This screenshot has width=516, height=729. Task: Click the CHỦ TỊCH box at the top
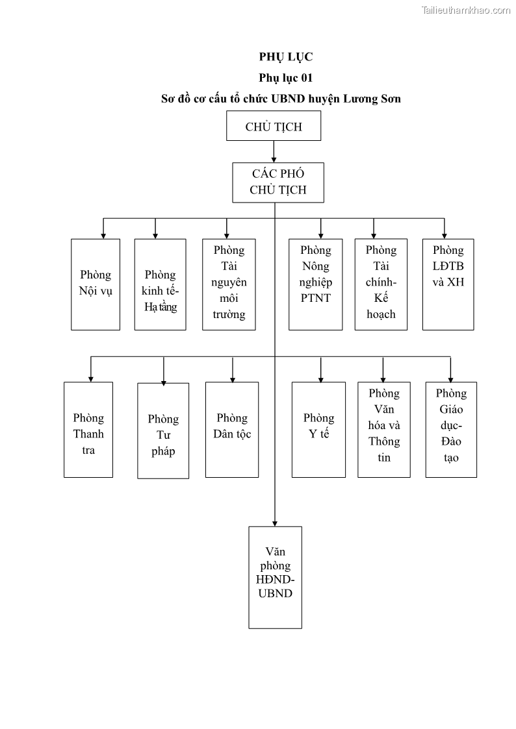(274, 126)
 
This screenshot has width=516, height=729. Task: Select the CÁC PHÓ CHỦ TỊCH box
(277, 182)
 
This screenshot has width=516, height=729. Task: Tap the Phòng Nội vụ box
(96, 284)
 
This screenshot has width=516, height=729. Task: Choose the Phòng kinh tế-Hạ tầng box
(161, 284)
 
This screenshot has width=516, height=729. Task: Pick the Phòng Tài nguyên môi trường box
(229, 284)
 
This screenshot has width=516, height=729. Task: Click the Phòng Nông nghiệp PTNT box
(316, 284)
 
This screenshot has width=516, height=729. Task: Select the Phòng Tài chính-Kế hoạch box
(381, 284)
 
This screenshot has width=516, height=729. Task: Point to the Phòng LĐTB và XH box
(448, 284)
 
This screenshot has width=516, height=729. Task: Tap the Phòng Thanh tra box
(88, 430)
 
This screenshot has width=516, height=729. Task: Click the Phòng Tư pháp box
(163, 430)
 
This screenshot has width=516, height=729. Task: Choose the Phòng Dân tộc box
(232, 430)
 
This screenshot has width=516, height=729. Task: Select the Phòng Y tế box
(318, 430)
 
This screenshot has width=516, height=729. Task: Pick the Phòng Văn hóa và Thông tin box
(384, 430)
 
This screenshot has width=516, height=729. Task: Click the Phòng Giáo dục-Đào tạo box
(451, 430)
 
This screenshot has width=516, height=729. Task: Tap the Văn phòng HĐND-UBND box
(275, 577)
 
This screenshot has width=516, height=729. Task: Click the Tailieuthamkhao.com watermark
(466, 10)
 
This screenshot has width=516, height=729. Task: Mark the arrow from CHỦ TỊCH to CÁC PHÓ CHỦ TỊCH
(274, 151)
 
